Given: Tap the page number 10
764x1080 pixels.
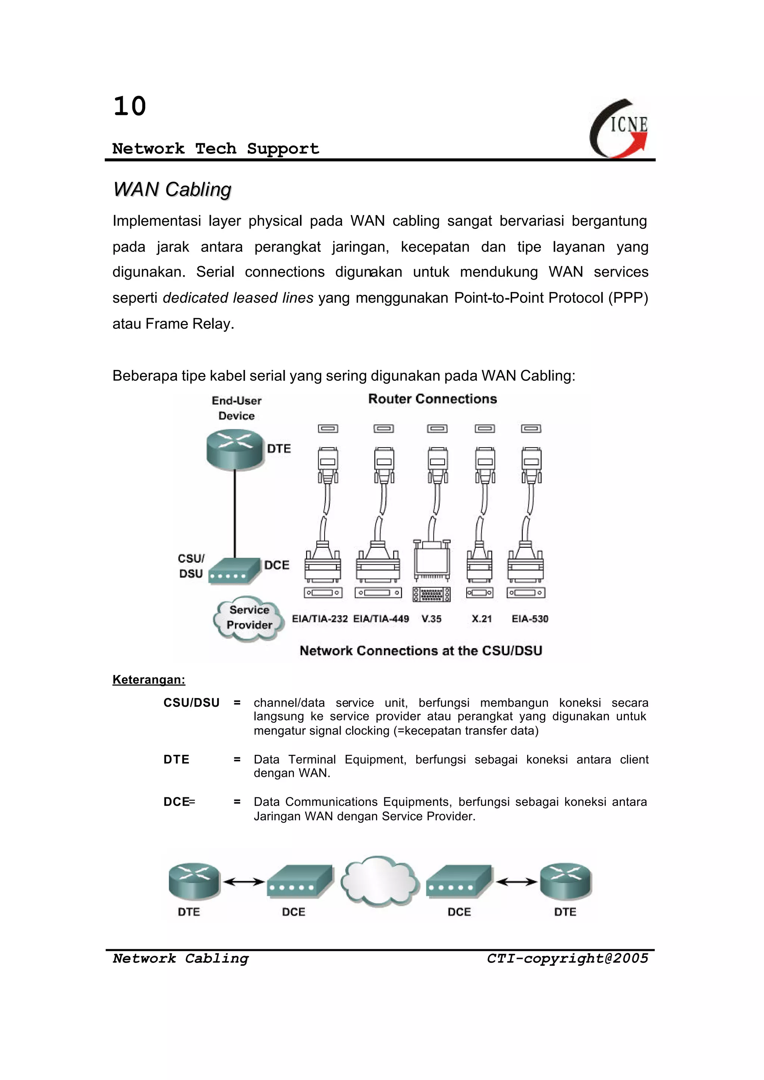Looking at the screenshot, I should [x=129, y=106].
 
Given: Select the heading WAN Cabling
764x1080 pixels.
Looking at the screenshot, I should [x=172, y=190].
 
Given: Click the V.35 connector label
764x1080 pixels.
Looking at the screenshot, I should [x=431, y=619].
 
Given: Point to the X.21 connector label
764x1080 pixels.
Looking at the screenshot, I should [x=482, y=619].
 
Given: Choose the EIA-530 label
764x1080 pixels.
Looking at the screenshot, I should [x=530, y=619].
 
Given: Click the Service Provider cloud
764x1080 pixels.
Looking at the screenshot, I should [x=249, y=618].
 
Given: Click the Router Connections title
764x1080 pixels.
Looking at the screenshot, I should [x=432, y=399].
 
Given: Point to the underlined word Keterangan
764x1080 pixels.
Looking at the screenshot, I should [x=149, y=679].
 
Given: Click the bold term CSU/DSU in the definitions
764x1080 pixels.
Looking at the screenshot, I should [x=191, y=703].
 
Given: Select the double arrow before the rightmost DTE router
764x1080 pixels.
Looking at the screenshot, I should [x=517, y=882].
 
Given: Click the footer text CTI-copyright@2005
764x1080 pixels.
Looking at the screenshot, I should [x=567, y=959].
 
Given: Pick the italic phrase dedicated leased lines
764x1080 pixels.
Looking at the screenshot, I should [x=238, y=298].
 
